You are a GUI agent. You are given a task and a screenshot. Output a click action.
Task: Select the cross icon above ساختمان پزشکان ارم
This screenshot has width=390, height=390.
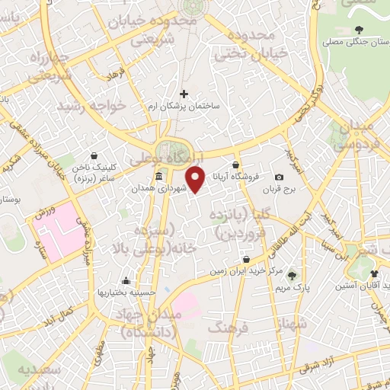(x=184, y=94)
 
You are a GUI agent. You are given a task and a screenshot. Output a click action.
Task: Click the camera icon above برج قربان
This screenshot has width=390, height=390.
(x=289, y=177)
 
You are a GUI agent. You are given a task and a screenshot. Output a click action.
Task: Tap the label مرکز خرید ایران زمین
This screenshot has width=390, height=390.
(x=245, y=270)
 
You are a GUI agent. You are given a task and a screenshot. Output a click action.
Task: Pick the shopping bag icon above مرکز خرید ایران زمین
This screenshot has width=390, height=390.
(x=245, y=259)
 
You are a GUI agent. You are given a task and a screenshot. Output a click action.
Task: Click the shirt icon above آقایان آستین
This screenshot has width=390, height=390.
(x=374, y=273)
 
